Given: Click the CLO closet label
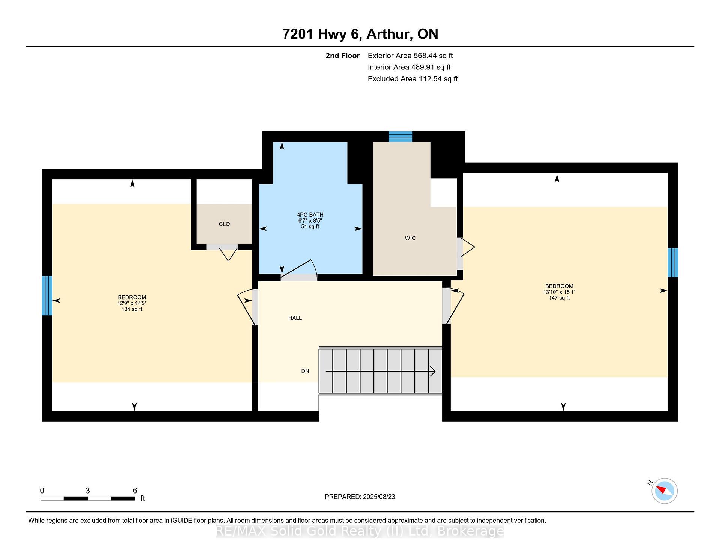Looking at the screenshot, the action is (x=224, y=224).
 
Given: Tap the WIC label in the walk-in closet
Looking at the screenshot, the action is (x=410, y=238).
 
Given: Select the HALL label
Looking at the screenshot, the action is (x=295, y=318).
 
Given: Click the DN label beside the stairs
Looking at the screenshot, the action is (x=305, y=371).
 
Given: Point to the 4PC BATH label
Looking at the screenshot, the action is (x=310, y=215).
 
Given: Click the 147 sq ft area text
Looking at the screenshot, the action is (x=559, y=298).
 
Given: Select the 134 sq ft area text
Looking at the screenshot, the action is (x=132, y=309).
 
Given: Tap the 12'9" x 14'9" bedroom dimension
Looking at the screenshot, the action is (x=132, y=303).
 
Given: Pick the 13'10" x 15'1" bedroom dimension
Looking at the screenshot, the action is (x=559, y=292).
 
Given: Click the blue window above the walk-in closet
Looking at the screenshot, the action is (x=400, y=136).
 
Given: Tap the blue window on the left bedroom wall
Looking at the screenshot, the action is (x=47, y=296).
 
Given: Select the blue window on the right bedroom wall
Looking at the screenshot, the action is (x=673, y=262).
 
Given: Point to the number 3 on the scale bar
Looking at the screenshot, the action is (x=88, y=491).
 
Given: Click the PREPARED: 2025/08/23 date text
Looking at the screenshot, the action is (x=360, y=497).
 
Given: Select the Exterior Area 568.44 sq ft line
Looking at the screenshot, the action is (x=410, y=56).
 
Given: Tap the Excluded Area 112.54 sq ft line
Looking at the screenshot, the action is (x=412, y=79).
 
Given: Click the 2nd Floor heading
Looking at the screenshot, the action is (x=342, y=56).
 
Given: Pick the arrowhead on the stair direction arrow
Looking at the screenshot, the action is (x=433, y=372).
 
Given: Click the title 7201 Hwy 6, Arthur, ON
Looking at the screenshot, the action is (x=360, y=34).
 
